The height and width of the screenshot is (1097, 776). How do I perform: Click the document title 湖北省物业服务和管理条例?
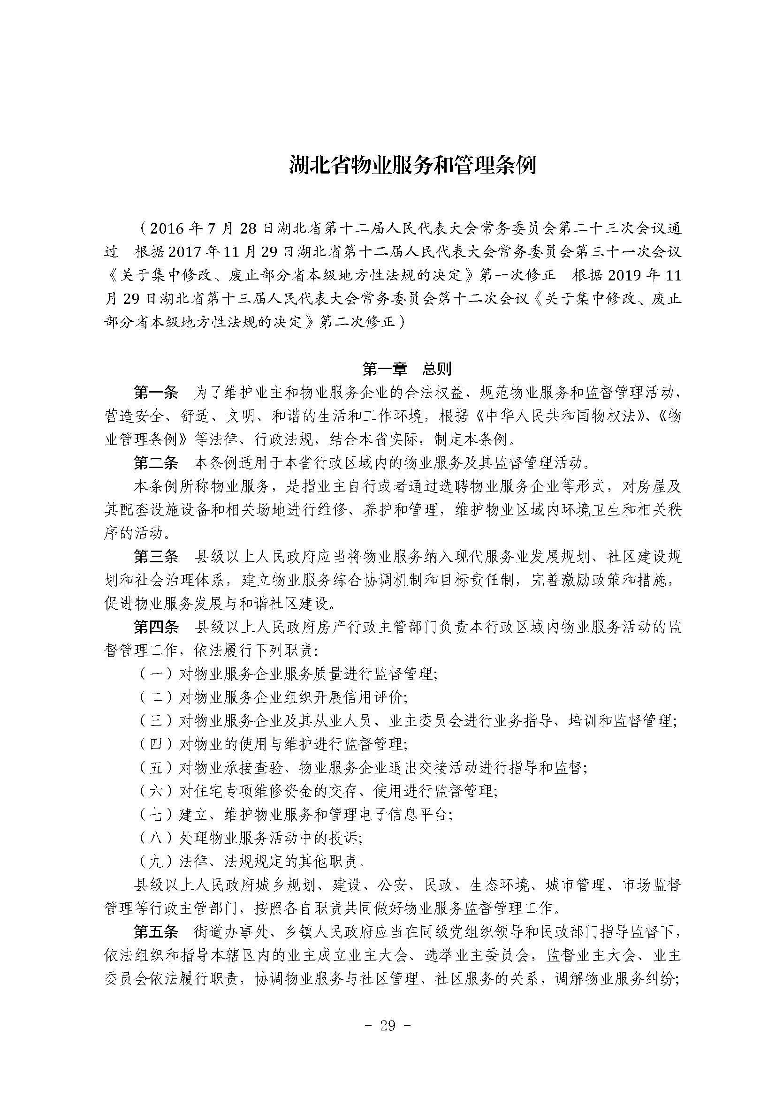(413, 165)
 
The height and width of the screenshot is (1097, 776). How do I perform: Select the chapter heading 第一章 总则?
(407, 369)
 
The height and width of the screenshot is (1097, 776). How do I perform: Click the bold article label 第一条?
(156, 393)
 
